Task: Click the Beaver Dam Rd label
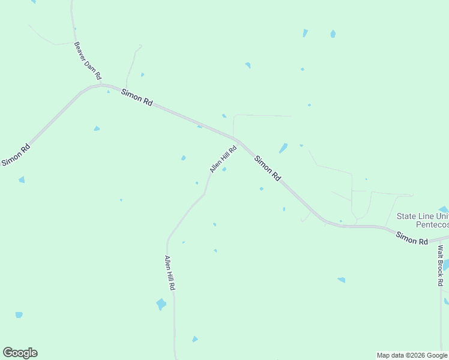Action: (87, 61)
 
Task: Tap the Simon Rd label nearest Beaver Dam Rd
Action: (137, 97)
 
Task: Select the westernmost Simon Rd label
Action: (16, 155)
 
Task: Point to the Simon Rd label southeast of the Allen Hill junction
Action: (268, 169)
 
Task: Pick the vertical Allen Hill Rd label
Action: (170, 273)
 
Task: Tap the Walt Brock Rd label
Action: (441, 265)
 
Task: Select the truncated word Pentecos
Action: (432, 224)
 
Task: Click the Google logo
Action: (20, 353)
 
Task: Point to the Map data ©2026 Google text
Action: (412, 355)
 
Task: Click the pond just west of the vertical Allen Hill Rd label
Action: (161, 304)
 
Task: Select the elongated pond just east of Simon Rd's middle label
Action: (283, 148)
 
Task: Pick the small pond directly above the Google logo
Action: (19, 314)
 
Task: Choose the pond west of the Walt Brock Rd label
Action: (341, 280)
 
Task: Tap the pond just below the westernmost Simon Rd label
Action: (22, 179)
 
